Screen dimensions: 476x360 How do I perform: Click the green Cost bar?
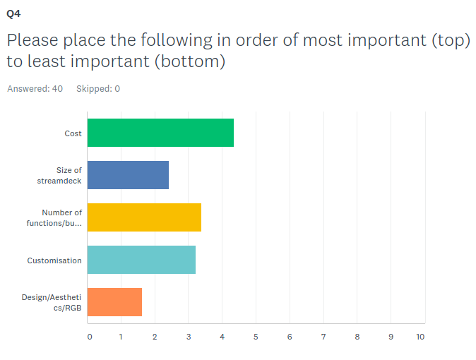[160, 133]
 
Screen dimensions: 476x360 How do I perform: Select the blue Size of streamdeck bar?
[128, 175]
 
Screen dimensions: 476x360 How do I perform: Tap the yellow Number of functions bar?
[144, 217]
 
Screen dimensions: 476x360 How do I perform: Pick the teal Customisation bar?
[141, 260]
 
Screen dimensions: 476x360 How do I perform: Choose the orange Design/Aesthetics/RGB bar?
[114, 302]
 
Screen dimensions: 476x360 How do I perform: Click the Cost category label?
[73, 133]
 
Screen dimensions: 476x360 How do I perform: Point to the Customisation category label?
[54, 260]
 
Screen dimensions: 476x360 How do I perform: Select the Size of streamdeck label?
[59, 176]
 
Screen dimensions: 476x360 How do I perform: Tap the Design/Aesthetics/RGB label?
[52, 303]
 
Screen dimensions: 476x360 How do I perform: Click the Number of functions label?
[54, 218]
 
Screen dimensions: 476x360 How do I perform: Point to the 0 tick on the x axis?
[90, 337]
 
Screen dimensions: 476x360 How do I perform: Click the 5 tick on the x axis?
[256, 337]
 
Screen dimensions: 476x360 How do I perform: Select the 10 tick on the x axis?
[420, 337]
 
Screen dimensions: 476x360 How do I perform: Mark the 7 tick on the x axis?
[323, 337]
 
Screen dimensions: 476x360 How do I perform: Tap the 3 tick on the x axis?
[189, 337]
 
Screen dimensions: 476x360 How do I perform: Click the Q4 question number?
[13, 13]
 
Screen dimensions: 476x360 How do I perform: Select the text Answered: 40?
[35, 89]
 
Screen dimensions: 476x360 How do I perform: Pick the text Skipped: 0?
[98, 89]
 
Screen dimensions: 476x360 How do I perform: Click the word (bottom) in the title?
[190, 61]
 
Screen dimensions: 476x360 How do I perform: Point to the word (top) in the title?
[451, 40]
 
